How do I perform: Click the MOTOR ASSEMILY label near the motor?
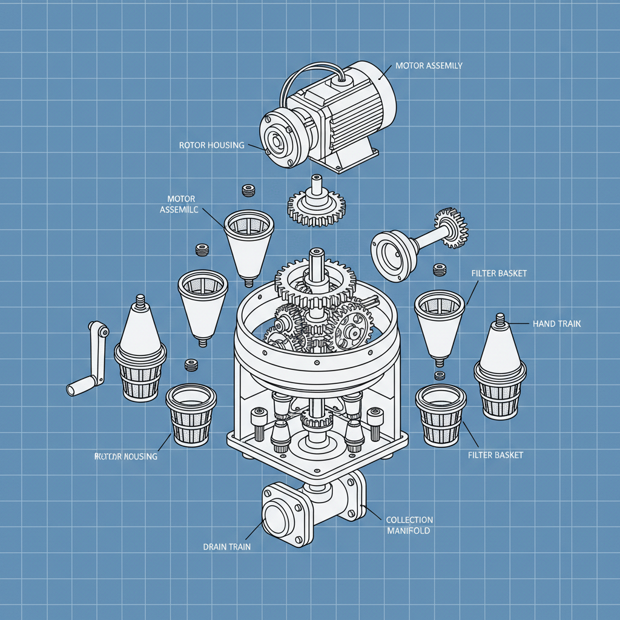click(x=429, y=65)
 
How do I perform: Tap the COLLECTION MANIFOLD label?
click(x=409, y=525)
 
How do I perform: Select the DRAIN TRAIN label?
click(x=226, y=547)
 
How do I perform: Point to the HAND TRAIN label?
click(x=556, y=325)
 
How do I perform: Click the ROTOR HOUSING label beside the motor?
click(x=211, y=145)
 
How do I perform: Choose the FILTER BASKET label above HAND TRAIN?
click(x=498, y=274)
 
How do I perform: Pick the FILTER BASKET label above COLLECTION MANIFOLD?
click(x=495, y=455)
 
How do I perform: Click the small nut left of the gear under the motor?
click(x=247, y=191)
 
